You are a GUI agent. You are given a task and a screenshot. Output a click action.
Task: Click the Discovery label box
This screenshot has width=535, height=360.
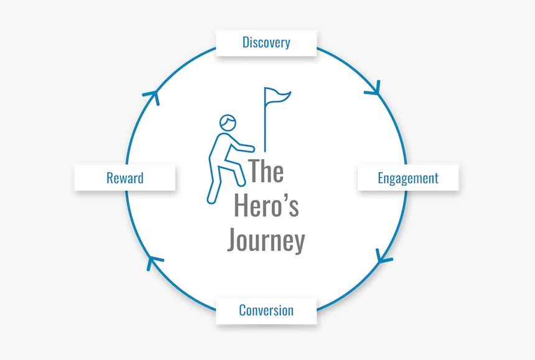click(x=266, y=43)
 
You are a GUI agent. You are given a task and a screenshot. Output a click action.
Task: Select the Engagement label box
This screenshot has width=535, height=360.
click(x=407, y=178)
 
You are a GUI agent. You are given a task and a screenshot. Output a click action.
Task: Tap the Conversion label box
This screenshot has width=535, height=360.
click(x=266, y=310)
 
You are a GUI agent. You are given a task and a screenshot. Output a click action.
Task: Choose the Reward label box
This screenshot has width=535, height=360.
click(x=124, y=178)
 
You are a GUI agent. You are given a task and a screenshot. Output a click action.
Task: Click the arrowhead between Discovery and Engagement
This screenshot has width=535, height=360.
click(x=373, y=90)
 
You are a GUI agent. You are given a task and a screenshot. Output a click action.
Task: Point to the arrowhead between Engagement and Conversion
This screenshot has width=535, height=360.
click(x=383, y=256)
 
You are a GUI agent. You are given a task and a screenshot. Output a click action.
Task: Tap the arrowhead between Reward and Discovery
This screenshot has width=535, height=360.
click(x=151, y=96)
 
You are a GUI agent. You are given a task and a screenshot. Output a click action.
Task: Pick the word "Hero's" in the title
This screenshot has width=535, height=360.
click(x=266, y=206)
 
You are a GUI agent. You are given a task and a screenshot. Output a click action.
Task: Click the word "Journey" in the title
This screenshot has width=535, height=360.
click(x=266, y=240)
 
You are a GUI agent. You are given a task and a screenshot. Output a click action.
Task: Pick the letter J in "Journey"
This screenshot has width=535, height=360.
click(x=233, y=241)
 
